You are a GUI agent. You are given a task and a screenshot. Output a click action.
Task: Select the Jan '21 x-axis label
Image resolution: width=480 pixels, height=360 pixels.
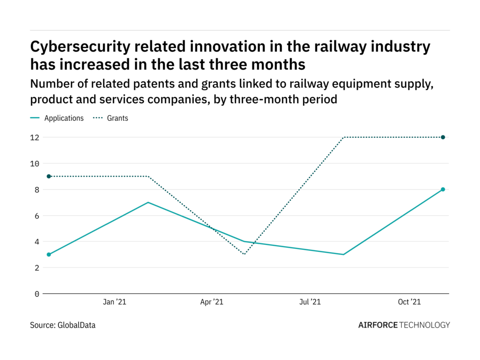pos(114,302)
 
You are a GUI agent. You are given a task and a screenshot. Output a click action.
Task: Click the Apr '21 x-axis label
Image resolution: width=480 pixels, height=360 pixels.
pos(212,302)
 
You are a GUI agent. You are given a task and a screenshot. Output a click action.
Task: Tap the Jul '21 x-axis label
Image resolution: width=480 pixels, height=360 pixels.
pos(310,302)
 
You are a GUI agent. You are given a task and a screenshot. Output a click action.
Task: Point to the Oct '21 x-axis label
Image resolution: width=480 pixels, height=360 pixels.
pos(409,302)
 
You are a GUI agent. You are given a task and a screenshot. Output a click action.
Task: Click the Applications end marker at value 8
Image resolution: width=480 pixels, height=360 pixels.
pos(443,189)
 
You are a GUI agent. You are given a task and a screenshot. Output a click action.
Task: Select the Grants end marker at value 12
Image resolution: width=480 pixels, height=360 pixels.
pos(443,137)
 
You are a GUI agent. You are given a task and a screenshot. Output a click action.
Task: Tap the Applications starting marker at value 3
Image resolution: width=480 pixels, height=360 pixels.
pos(49,254)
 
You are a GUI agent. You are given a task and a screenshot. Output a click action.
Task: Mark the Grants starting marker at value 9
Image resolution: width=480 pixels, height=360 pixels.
pos(49,176)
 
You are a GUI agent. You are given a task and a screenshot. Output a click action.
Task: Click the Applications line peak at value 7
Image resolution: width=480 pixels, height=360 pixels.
pos(148,202)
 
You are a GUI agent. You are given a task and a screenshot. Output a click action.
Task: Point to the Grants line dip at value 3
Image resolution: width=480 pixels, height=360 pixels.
pos(245,254)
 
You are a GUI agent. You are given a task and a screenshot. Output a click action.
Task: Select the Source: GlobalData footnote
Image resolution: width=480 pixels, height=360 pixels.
pos(63,325)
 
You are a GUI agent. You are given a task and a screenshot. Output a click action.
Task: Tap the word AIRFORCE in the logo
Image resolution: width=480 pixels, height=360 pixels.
pos(378,325)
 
